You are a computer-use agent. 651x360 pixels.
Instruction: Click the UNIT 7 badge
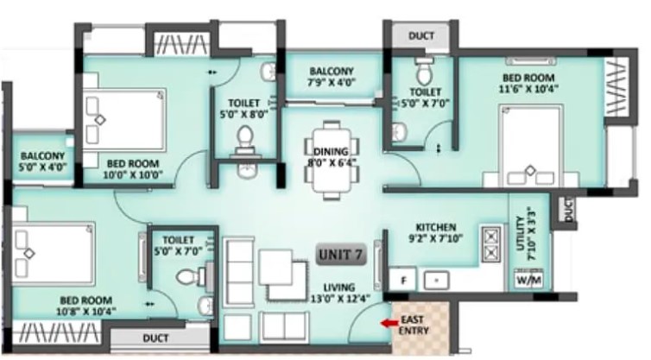click(x=341, y=254)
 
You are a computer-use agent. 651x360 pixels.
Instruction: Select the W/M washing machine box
click(x=529, y=280)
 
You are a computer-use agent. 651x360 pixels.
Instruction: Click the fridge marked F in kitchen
click(x=402, y=280)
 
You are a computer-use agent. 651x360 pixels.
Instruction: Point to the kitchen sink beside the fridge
click(x=436, y=281)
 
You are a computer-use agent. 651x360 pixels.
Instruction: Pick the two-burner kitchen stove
click(x=491, y=244)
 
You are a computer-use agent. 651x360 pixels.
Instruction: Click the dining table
click(x=331, y=160)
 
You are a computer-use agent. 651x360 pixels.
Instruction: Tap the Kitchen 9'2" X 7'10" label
click(x=436, y=232)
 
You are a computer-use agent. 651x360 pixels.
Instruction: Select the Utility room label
click(x=525, y=234)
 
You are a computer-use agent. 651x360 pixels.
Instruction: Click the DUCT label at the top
click(x=421, y=35)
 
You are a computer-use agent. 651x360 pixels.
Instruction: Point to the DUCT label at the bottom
click(x=155, y=338)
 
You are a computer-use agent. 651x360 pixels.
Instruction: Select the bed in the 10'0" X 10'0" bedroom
click(x=123, y=119)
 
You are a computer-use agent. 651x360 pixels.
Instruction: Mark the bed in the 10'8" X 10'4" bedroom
click(x=54, y=253)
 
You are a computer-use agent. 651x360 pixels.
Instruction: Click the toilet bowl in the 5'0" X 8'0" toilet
click(x=244, y=137)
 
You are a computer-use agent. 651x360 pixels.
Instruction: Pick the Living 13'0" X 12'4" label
click(x=340, y=293)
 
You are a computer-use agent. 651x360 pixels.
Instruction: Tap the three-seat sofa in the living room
click(x=238, y=269)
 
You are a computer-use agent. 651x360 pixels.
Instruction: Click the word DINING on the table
click(x=331, y=152)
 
